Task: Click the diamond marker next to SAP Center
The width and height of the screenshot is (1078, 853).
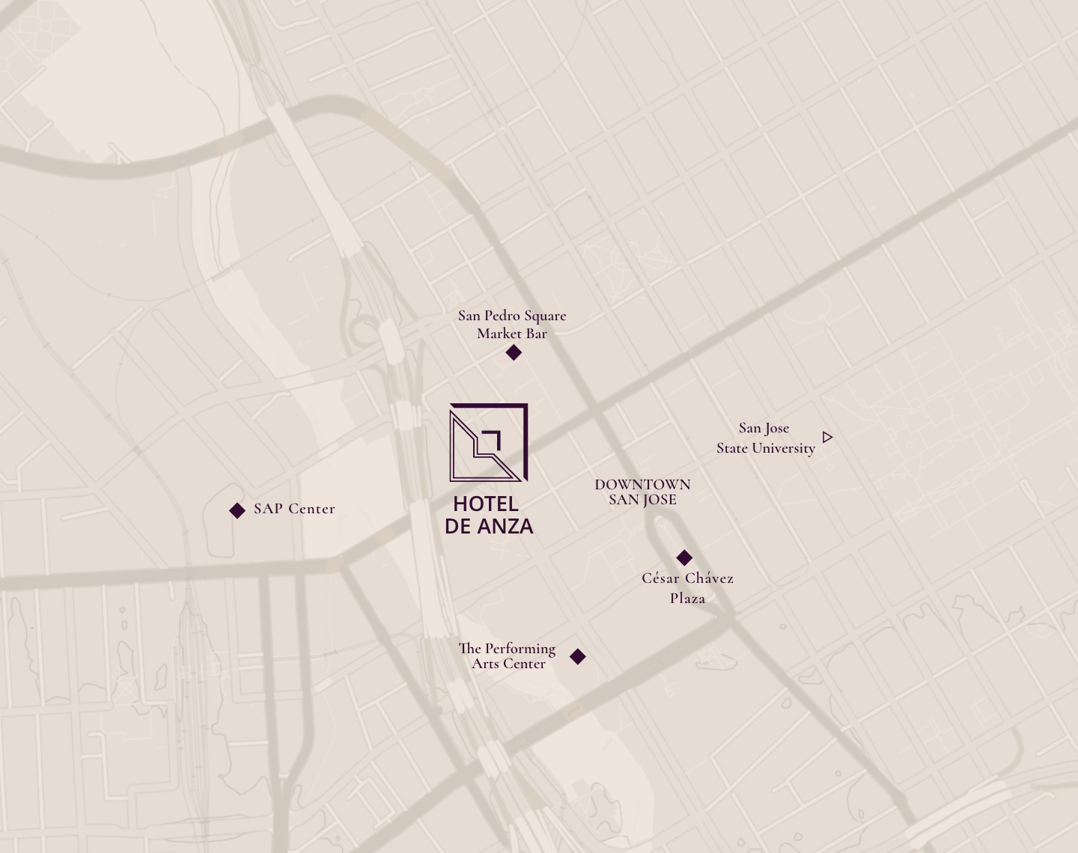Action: click(237, 510)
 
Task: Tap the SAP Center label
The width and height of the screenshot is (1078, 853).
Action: click(294, 509)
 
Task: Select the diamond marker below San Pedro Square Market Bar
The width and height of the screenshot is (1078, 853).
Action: click(514, 352)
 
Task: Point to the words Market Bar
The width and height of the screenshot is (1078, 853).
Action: click(512, 334)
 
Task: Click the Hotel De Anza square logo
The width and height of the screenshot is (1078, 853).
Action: click(488, 442)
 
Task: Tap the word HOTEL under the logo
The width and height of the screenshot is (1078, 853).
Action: click(485, 504)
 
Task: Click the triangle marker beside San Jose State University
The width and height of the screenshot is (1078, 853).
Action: click(827, 437)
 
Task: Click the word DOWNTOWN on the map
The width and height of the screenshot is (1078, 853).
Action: click(642, 484)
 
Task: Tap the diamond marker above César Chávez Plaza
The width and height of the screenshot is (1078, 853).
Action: click(684, 557)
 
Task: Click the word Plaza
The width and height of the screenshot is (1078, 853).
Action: click(687, 598)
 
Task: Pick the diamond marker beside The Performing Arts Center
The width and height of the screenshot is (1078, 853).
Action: click(578, 656)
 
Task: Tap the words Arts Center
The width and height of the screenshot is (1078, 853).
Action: click(508, 664)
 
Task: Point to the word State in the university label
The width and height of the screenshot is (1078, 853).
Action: click(732, 448)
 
